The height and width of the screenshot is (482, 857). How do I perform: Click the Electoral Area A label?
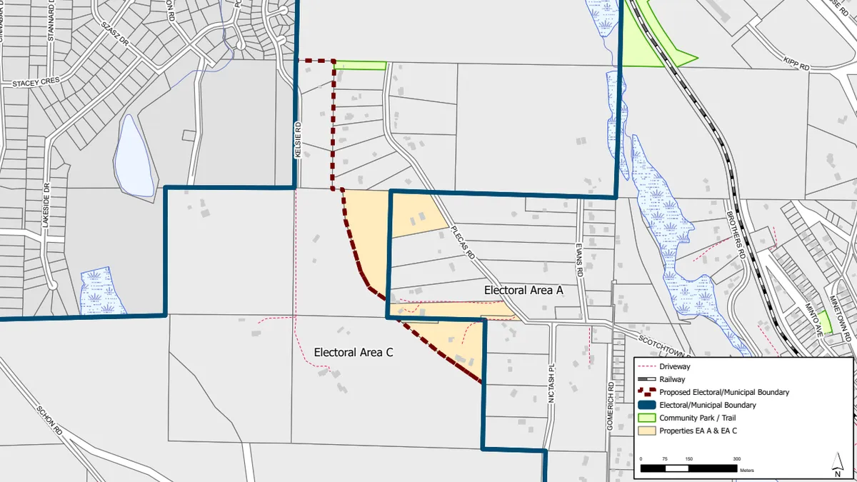(524, 291)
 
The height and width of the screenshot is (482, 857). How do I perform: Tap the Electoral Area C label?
(354, 352)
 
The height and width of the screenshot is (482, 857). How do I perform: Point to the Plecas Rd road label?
(463, 242)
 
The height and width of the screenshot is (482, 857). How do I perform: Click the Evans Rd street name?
(580, 261)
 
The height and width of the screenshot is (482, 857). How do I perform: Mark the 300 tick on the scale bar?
(736, 459)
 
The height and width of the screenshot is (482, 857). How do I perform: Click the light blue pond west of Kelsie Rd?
(136, 154)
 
